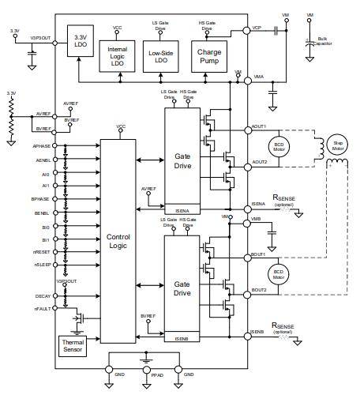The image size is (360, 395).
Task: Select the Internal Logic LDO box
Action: point(118,53)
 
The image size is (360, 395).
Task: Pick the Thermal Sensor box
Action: point(74,345)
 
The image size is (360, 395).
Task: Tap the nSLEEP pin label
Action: point(43,265)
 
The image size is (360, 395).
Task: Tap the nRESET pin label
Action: point(43,251)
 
